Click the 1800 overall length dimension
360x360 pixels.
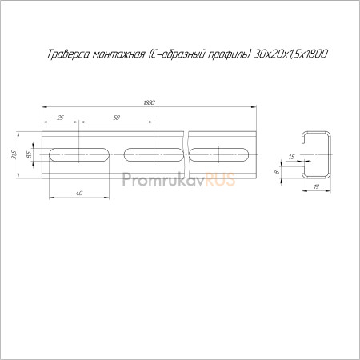(x=149, y=102)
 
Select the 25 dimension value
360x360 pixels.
(x=61, y=118)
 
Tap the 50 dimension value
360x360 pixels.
(x=117, y=118)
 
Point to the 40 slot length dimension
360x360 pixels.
(x=79, y=193)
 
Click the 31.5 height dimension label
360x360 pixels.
(x=14, y=154)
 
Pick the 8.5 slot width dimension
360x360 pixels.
(x=29, y=154)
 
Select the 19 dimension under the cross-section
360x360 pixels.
(x=317, y=186)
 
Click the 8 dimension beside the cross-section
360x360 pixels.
(x=277, y=172)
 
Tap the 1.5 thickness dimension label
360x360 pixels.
(x=291, y=157)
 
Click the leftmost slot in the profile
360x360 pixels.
(x=79, y=154)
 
